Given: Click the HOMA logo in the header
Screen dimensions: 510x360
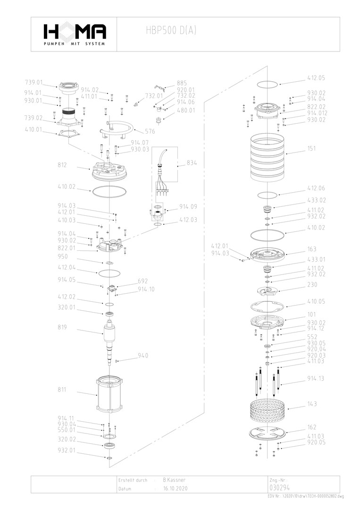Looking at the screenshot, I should (x=74, y=34).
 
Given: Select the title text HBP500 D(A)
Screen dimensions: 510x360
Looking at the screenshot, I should (x=171, y=31).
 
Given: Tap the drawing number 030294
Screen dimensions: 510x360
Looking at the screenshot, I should (x=278, y=488).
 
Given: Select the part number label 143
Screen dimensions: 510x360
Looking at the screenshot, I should (x=312, y=404).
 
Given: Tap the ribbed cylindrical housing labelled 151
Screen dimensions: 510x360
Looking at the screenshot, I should (x=268, y=157).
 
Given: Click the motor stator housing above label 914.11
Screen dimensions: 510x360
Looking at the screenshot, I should (x=109, y=394).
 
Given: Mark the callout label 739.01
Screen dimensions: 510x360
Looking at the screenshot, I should (x=34, y=82).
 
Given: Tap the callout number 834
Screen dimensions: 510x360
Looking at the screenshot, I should (x=192, y=163).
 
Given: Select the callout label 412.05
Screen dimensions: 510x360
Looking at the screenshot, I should (x=316, y=77).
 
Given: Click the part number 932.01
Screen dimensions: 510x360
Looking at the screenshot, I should (x=67, y=450).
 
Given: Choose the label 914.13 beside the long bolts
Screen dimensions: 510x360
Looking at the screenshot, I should (x=316, y=378).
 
